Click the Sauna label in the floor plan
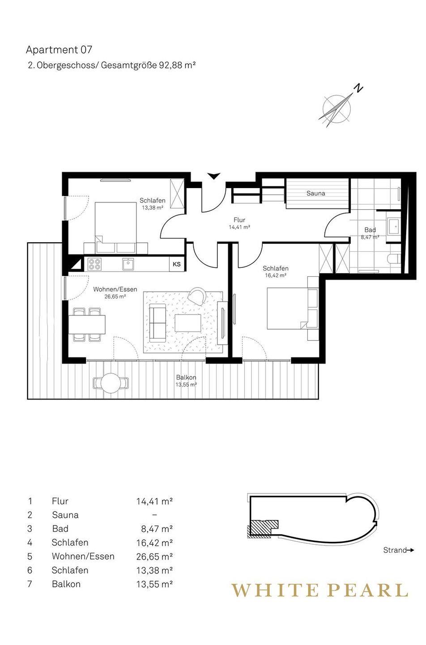pyautogui.click(x=315, y=193)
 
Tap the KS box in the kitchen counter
pyautogui.click(x=177, y=264)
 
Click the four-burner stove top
pyautogui.click(x=95, y=264)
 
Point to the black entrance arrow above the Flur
pyautogui.click(x=214, y=176)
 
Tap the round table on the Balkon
pyautogui.click(x=111, y=383)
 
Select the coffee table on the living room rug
pyautogui.click(x=188, y=323)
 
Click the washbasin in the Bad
pyautogui.click(x=393, y=226)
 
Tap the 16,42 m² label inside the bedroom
pyautogui.click(x=276, y=275)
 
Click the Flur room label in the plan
pyautogui.click(x=239, y=220)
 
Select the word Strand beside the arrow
pyautogui.click(x=395, y=550)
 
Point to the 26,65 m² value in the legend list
pyautogui.click(x=154, y=556)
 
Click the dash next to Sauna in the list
pyautogui.click(x=154, y=515)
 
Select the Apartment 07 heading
pyautogui.click(x=59, y=50)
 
